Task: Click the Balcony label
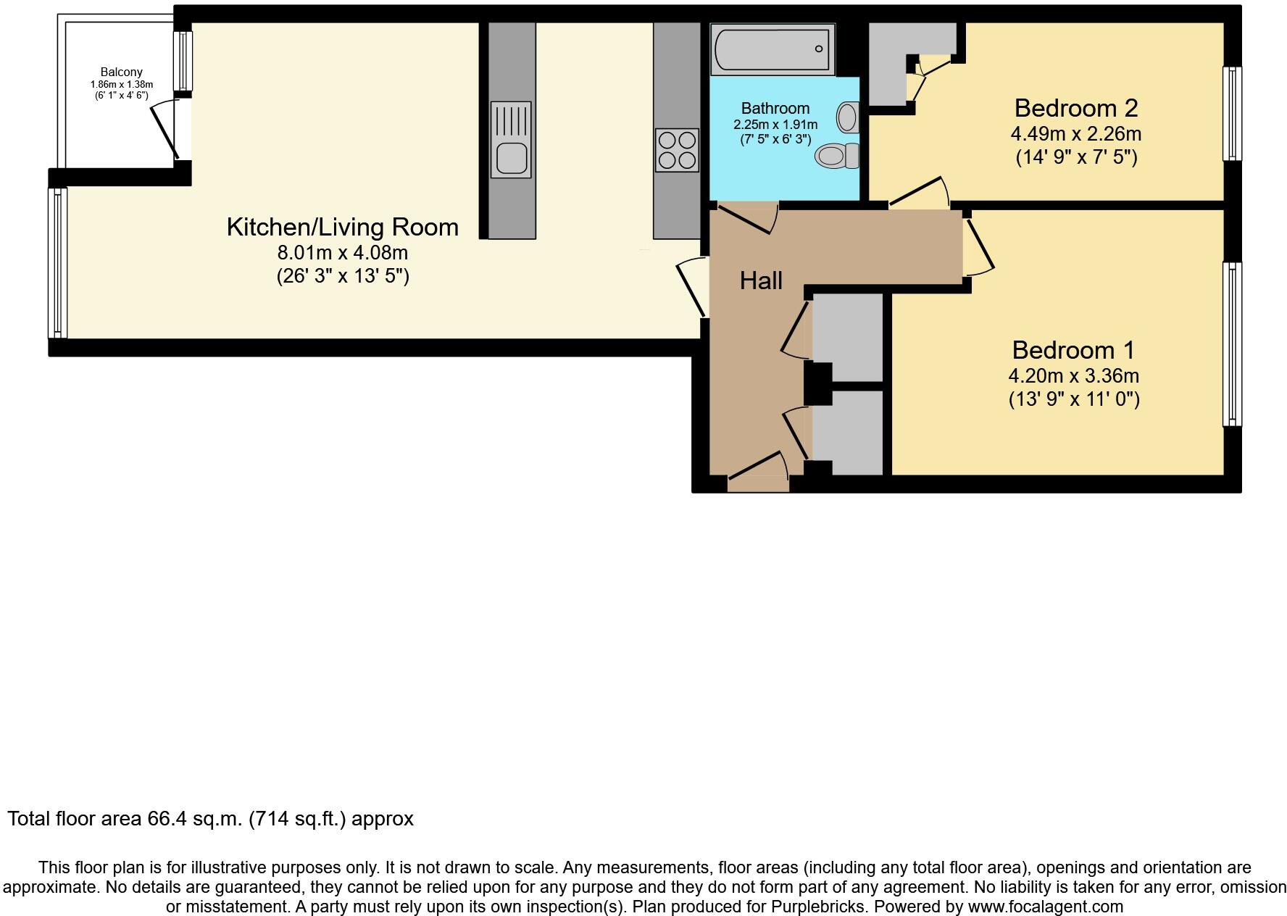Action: coord(121,72)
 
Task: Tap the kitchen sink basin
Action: coord(511,158)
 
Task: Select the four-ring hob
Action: coord(677,150)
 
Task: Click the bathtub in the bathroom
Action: coord(772,49)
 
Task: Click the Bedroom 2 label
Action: coord(1075,108)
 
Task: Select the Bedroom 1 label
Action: coord(1072,350)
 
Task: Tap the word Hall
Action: coord(760,280)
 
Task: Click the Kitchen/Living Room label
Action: coord(342,227)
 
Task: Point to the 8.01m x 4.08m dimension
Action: coord(342,253)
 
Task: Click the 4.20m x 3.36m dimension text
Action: coord(1073,376)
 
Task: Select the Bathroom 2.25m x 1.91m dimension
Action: coord(775,125)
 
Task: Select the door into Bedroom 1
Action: coord(978,244)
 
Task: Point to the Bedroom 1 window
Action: coord(1231,343)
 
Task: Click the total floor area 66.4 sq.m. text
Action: coord(210,819)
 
